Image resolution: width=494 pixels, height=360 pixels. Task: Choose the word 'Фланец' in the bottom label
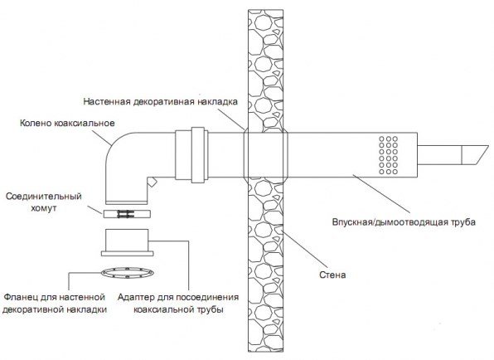click(24, 297)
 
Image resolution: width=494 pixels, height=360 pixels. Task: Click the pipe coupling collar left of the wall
click(196, 153)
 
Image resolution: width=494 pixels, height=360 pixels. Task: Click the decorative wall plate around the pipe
click(264, 153)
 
